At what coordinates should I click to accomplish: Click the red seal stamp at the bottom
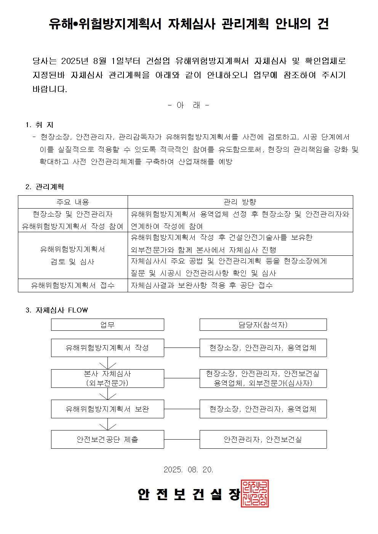click(x=255, y=493)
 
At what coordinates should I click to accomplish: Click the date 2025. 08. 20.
click(x=188, y=469)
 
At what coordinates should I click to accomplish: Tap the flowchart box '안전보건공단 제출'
click(x=107, y=439)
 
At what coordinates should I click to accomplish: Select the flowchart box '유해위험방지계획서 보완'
click(x=107, y=409)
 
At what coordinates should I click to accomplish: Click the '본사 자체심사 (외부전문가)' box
click(x=107, y=378)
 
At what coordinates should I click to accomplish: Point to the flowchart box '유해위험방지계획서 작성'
click(x=107, y=347)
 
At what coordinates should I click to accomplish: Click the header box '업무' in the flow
click(x=107, y=325)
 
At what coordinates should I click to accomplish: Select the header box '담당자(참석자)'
click(x=263, y=325)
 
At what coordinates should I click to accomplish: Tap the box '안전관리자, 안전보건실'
click(x=263, y=439)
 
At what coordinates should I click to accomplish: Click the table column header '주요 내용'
click(x=73, y=202)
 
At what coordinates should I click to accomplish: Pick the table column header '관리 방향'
click(x=240, y=202)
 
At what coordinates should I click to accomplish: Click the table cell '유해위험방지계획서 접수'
click(x=73, y=285)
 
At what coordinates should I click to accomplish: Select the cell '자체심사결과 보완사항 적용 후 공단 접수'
click(x=202, y=285)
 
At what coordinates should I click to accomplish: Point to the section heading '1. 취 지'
click(x=39, y=125)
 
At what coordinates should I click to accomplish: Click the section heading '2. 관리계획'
click(x=45, y=187)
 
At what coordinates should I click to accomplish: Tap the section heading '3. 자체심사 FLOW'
click(x=56, y=310)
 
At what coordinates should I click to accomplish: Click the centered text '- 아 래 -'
click(x=188, y=105)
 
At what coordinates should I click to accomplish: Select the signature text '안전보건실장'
click(x=189, y=494)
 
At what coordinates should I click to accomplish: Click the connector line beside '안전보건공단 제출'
click(x=182, y=439)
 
